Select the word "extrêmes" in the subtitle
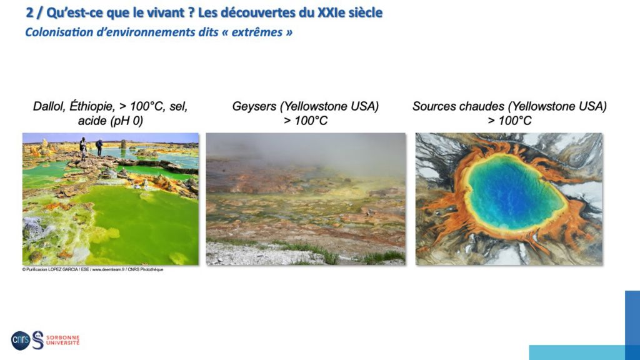tap(257, 32)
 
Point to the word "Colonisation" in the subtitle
tap(59, 32)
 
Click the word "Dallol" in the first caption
tap(49, 106)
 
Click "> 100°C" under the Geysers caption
tap(306, 121)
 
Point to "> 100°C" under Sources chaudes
tap(509, 121)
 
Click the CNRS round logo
tap(21, 340)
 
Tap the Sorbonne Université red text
tap(62, 340)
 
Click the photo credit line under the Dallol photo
tap(92, 269)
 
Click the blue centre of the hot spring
tap(515, 192)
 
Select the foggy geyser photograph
tap(306, 199)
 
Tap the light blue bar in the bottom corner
tap(577, 352)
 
